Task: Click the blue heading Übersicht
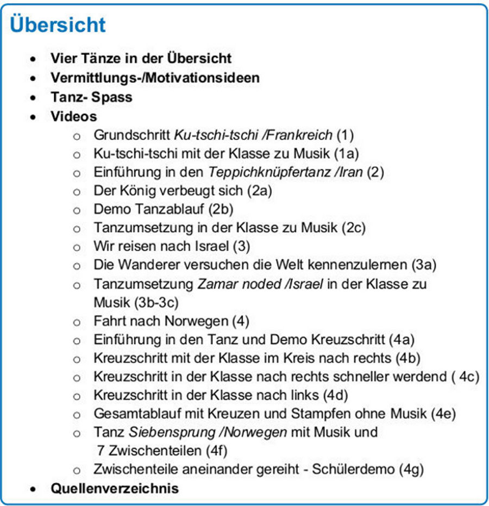58,26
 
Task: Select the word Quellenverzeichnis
114,488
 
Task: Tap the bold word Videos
73,116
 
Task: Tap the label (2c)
354,228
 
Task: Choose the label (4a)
402,340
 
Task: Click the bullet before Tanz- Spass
34,98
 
